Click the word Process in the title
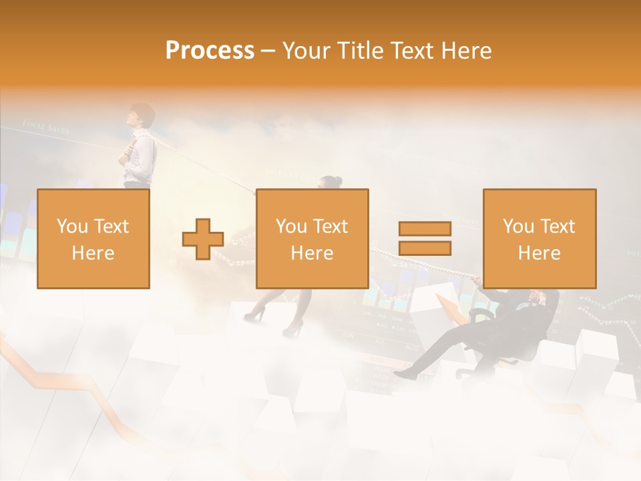coord(210,50)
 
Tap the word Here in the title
coord(466,50)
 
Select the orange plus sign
coord(203,238)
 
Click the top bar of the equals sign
coord(425,228)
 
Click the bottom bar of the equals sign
coord(425,248)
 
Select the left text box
coord(93,238)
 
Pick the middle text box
coord(312,238)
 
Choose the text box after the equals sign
coord(539,238)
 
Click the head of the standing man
coord(142,116)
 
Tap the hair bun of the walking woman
coord(337,180)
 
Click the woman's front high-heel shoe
coord(292,329)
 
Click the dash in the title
coord(268,51)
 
